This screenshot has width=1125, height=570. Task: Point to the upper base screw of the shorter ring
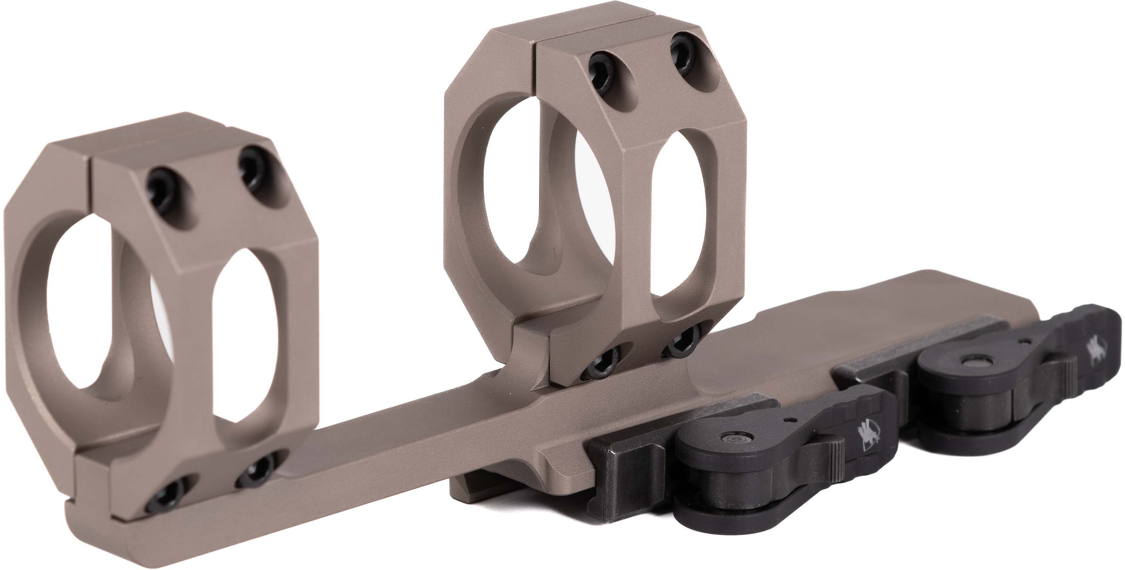256,468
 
